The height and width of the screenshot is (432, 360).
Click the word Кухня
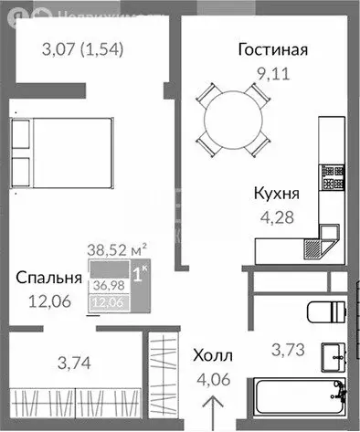click(x=279, y=194)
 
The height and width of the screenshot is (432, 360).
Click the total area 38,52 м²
click(x=118, y=247)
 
